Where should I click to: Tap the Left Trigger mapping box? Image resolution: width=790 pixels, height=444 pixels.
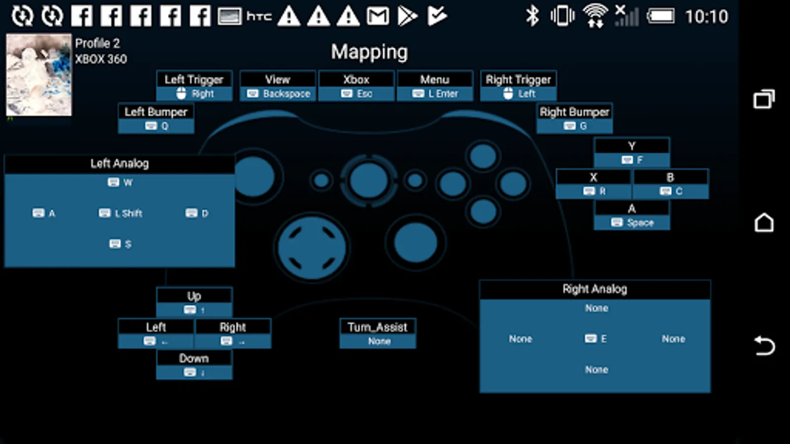point(194,86)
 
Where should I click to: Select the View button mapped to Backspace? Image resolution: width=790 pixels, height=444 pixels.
point(278,86)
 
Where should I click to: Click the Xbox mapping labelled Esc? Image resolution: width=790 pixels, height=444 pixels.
point(356,86)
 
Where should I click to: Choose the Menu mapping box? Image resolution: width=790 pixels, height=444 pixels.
point(435,86)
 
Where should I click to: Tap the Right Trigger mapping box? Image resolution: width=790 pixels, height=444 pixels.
point(518,86)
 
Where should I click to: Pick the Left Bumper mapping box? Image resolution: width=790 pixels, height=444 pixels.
point(156,118)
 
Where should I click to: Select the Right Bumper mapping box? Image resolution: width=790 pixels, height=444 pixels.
point(574,118)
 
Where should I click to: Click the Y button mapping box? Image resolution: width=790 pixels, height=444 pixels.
point(632,152)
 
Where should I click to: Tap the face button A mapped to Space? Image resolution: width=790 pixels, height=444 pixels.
point(632,216)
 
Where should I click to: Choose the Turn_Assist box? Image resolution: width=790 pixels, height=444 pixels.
point(378,333)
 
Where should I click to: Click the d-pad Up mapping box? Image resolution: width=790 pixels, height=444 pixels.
point(194,302)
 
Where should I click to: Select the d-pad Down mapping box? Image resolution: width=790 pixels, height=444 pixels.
point(194,365)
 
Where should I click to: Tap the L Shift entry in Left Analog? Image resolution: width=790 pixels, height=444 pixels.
point(121,213)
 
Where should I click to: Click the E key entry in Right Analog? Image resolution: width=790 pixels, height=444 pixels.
point(596,339)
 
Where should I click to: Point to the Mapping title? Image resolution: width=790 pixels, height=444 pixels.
point(369,52)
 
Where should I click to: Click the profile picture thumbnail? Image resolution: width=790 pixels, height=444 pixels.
point(39,75)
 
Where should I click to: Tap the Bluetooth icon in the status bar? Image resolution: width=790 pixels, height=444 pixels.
point(532,16)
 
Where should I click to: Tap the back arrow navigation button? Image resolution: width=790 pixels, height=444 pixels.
point(764,345)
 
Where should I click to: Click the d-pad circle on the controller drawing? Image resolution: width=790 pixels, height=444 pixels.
point(312,247)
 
